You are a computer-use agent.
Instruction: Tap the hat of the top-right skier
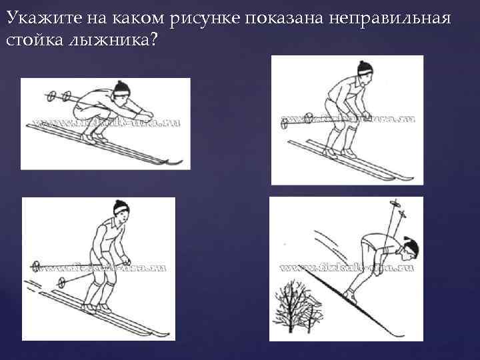[x=364, y=67]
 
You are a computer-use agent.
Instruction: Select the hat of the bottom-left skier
[x=120, y=207]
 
